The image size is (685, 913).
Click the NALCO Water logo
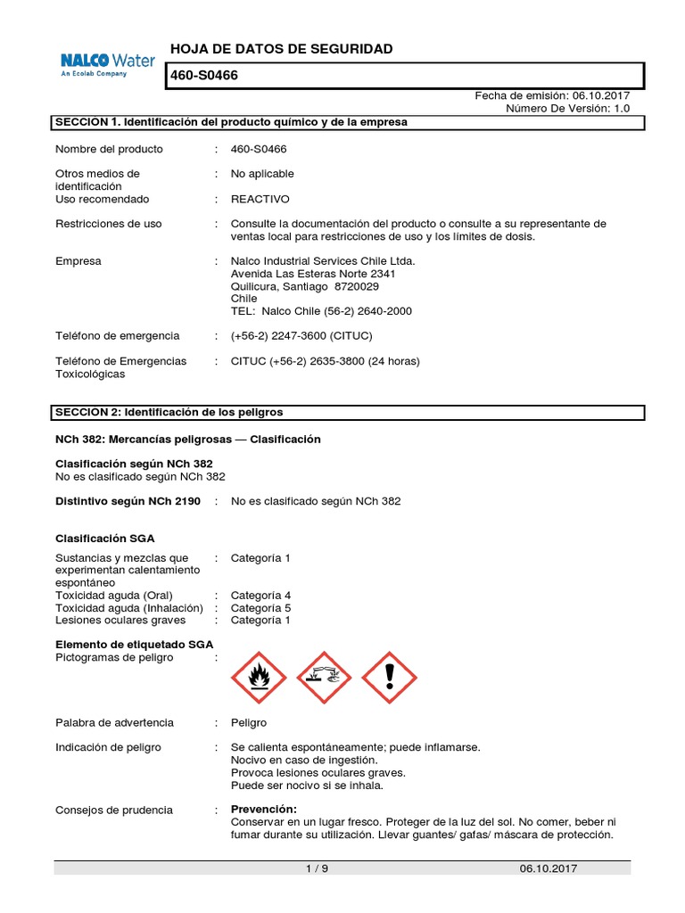pos(107,64)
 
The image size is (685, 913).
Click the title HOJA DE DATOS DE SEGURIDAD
pos(281,48)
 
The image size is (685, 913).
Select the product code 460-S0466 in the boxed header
pos(204,77)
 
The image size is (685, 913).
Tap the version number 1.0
pos(622,108)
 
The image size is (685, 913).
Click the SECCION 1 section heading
pos(231,122)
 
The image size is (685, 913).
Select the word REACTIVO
pos(260,199)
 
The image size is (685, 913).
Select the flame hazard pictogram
pos(259,677)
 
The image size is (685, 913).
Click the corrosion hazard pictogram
pos(324,677)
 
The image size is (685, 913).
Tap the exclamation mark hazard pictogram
pos(389,677)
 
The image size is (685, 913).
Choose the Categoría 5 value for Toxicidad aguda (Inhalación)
pos(260,607)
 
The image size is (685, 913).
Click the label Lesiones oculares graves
pos(120,620)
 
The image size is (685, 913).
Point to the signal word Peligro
pos(248,722)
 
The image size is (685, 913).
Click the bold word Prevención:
pos(263,810)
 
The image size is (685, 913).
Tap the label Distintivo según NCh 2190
pos(128,501)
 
